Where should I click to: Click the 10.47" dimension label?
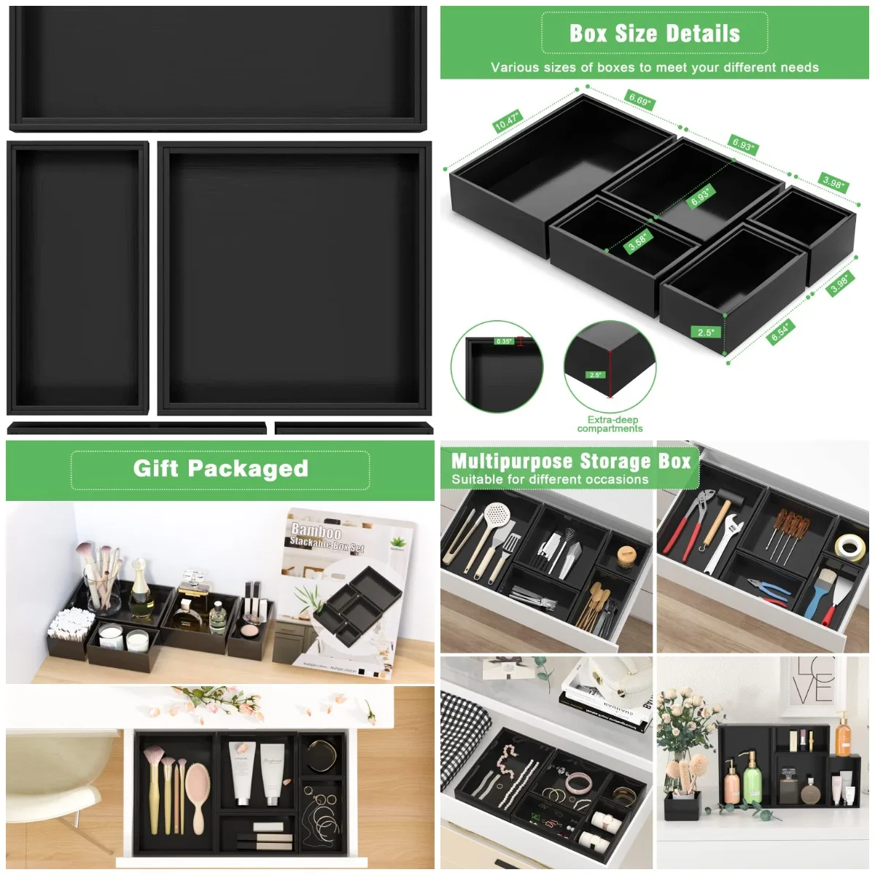[506, 121]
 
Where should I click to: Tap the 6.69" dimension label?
[639, 100]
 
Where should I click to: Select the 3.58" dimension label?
[638, 241]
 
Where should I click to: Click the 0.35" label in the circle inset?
[504, 341]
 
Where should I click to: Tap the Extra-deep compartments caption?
[610, 424]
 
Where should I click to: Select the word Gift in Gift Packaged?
[156, 468]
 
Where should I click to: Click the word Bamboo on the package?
[316, 530]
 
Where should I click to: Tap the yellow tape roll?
[850, 547]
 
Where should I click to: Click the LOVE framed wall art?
[814, 682]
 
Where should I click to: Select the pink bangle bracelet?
[580, 784]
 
